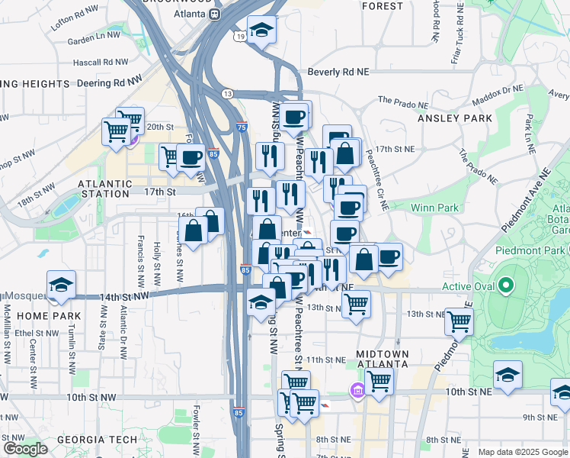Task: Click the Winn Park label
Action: click(434, 207)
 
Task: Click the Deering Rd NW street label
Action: click(112, 81)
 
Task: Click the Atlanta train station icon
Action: click(216, 14)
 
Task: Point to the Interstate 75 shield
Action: click(242, 128)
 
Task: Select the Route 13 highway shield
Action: click(227, 93)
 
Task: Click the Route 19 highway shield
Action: click(240, 36)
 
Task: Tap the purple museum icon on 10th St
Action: click(357, 392)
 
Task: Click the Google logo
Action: click(26, 449)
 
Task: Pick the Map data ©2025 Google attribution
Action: click(523, 452)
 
